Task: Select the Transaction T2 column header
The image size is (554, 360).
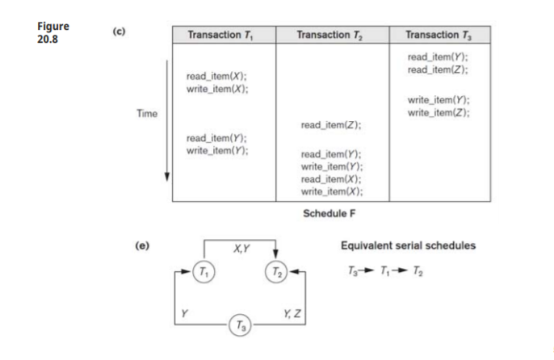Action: [329, 35]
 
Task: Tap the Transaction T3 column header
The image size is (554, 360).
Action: [438, 35]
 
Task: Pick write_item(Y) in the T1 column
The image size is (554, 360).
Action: [216, 151]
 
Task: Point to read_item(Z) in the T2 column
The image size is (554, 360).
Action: [331, 125]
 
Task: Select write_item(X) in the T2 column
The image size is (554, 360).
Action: [331, 191]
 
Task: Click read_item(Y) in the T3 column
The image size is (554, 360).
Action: [437, 57]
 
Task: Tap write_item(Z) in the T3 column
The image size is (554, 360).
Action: [439, 112]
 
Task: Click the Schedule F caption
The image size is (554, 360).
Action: [329, 213]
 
